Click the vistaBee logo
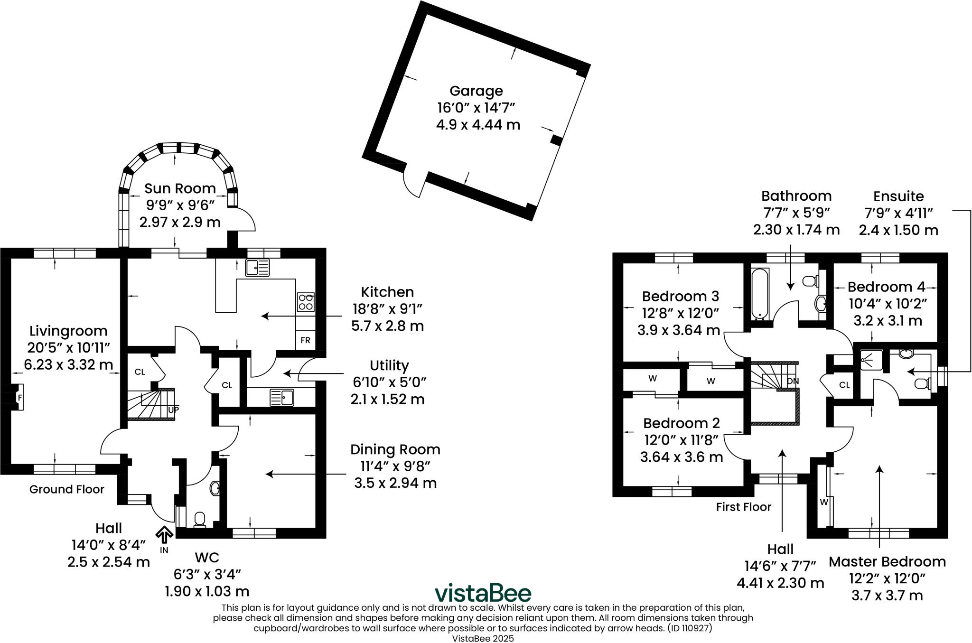(483, 593)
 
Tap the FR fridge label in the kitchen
(305, 340)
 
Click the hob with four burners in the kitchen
(306, 302)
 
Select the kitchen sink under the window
(257, 268)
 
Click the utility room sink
(282, 398)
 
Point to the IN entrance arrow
(164, 536)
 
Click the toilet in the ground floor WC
(200, 519)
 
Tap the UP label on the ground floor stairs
(173, 409)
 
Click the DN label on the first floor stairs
(793, 381)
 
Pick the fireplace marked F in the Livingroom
(19, 397)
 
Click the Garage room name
(476, 91)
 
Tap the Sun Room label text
(180, 188)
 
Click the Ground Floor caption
(66, 489)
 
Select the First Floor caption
(743, 507)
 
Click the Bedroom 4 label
(886, 287)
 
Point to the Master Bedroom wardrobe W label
(824, 502)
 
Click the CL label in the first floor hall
(844, 385)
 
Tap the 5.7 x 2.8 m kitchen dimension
(387, 326)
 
